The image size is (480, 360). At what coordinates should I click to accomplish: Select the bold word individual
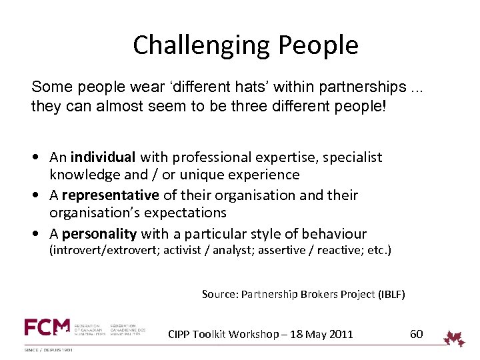tap(103, 157)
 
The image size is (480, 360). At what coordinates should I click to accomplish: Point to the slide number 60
tap(416, 334)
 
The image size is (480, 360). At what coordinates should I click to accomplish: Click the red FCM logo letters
tap(47, 327)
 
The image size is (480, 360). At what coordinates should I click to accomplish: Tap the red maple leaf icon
tap(455, 337)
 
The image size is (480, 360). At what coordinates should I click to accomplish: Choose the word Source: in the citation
tap(220, 294)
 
